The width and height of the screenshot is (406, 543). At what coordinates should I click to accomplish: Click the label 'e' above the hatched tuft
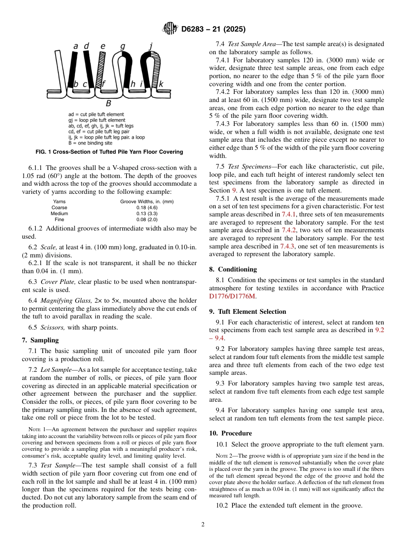103,46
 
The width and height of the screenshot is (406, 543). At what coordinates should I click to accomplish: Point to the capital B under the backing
109,103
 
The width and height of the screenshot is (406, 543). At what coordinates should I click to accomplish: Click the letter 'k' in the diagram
161,84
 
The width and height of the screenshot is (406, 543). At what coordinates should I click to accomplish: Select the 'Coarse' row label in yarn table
59,207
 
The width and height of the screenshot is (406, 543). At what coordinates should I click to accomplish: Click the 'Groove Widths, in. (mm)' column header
147,201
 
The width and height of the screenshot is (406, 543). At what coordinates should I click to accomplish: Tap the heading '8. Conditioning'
233,269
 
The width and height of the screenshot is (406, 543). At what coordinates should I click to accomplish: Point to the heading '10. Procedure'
230,433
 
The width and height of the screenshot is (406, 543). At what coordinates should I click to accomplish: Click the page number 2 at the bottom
203,525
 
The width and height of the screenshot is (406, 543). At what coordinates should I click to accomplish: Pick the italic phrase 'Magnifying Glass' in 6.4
62,301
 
